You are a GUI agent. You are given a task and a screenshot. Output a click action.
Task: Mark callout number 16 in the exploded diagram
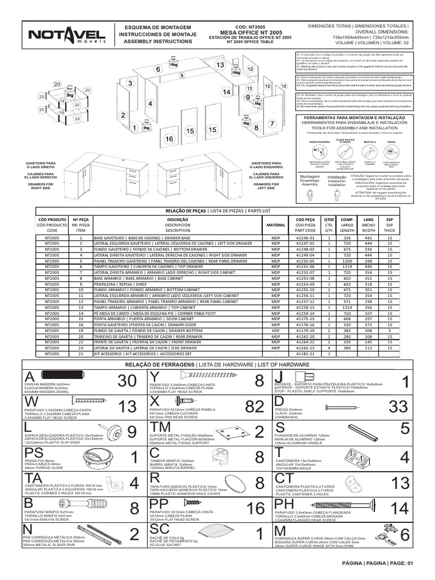click(169, 139)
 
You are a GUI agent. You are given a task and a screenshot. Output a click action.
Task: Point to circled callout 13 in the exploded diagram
click(220, 66)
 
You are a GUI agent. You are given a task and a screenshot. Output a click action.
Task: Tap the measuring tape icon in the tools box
click(391, 150)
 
